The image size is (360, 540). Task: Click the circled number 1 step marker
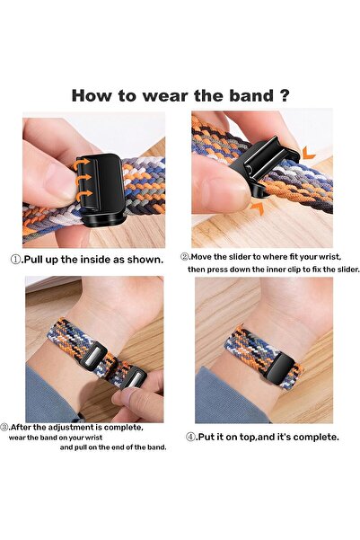pyautogui.click(x=14, y=259)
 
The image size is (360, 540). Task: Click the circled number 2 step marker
pyautogui.click(x=185, y=255)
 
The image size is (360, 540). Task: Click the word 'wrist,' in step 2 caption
pyautogui.click(x=320, y=255)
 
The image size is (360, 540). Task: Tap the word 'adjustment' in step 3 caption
pyautogui.click(x=75, y=427)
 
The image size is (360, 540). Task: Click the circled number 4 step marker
pyautogui.click(x=190, y=437)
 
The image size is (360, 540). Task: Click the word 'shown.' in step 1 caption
pyautogui.click(x=145, y=259)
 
